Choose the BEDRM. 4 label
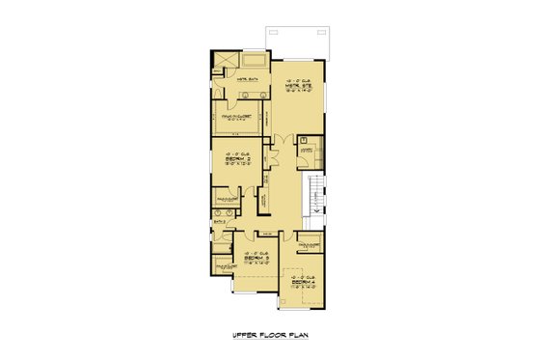[299, 280]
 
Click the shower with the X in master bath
[223, 59]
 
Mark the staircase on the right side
[315, 199]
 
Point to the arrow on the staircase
[315, 203]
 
